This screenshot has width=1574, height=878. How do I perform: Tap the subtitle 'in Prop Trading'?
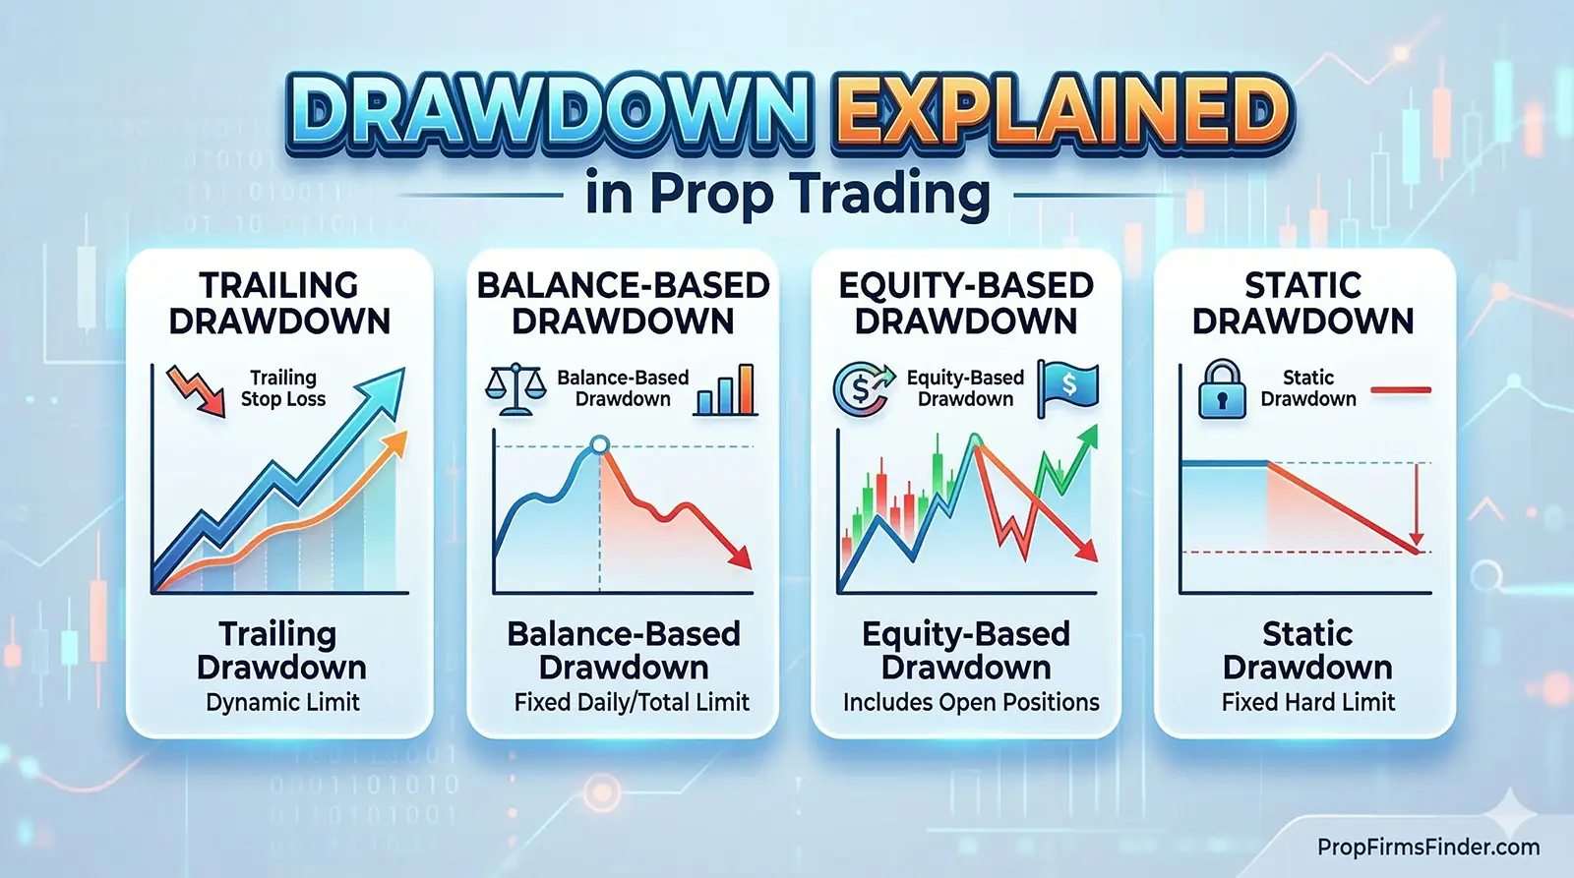(787, 193)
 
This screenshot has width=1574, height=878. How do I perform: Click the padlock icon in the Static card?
(1222, 389)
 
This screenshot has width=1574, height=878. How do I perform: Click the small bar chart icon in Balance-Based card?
(725, 390)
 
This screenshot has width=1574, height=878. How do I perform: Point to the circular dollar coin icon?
(861, 389)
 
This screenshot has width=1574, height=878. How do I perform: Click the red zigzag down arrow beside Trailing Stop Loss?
(195, 389)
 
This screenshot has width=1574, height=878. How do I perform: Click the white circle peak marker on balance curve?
(599, 446)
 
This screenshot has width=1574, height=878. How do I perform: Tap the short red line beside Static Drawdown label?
(1400, 390)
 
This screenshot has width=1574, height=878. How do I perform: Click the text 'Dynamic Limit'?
(282, 702)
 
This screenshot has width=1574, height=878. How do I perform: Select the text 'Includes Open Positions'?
(970, 702)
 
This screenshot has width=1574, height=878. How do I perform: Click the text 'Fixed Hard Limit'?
(1307, 702)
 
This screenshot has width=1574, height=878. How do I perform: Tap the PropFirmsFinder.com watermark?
(1428, 847)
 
